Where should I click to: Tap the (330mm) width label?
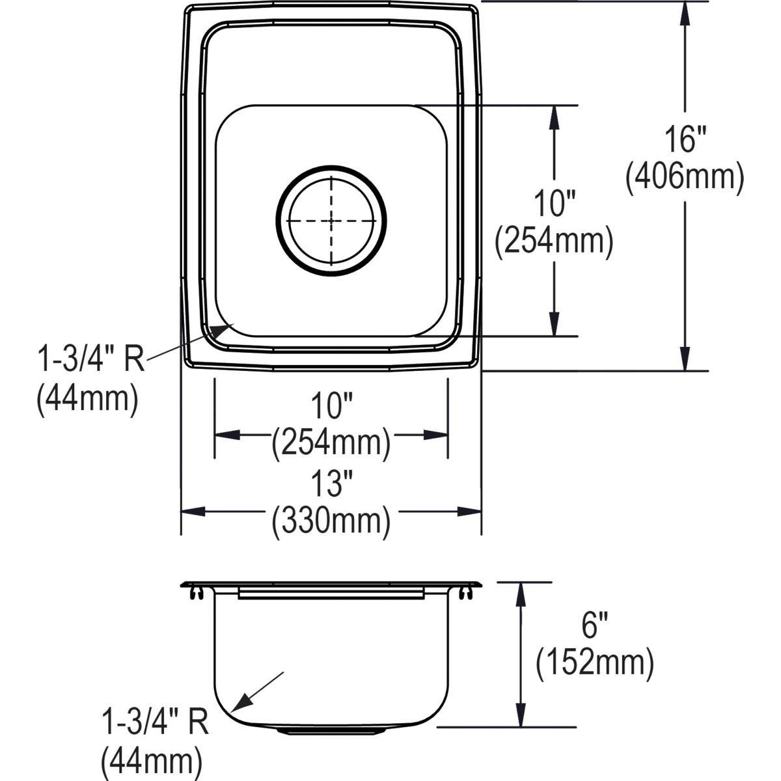[331, 521]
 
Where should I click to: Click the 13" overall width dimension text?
[331, 485]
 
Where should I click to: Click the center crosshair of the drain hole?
[331, 221]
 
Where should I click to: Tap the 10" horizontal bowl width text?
[331, 408]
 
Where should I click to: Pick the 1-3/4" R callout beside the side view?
[155, 723]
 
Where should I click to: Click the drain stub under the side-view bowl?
[331, 731]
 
